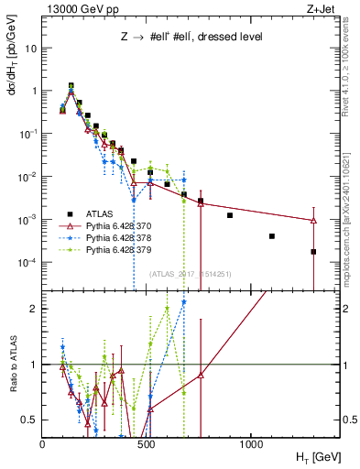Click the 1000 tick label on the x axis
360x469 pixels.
click(252, 444)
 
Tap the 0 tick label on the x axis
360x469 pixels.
click(43, 444)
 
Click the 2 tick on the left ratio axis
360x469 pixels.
click(33, 309)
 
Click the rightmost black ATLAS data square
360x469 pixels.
click(313, 251)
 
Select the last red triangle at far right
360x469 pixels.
click(313, 220)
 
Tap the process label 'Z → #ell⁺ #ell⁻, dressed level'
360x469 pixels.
click(187, 38)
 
